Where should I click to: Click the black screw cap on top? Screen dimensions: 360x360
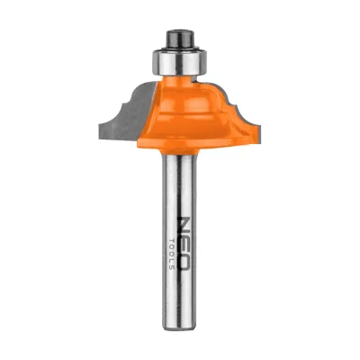click(179, 38)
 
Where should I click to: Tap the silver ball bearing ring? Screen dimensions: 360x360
click(180, 62)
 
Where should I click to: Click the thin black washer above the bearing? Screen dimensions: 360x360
click(180, 48)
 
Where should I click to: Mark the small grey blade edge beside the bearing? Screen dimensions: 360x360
click(195, 79)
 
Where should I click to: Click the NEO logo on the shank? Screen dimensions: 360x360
click(184, 243)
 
